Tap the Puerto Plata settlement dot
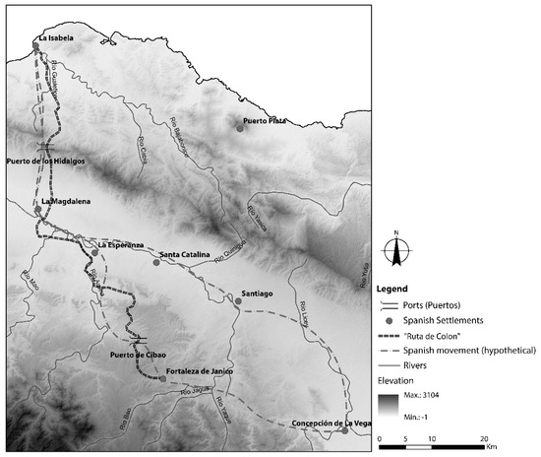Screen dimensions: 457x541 [240, 127]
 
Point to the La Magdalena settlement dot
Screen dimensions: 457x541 [37, 210]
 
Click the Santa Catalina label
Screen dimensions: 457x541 [185, 256]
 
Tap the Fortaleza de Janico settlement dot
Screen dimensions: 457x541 [163, 378]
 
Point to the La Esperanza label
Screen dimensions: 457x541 [120, 244]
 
